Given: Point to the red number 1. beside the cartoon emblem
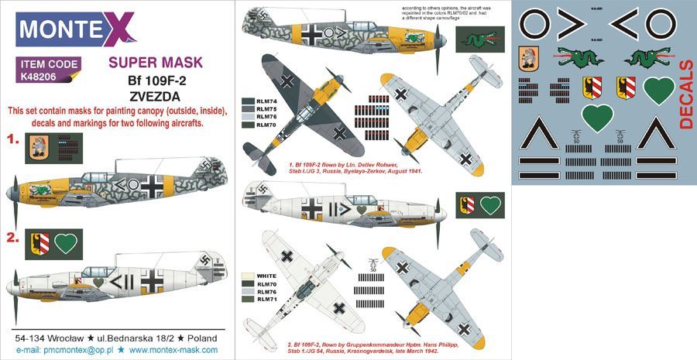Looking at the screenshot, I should (12, 141).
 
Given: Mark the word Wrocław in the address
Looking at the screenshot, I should (74, 338).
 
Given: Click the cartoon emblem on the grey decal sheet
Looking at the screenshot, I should (530, 61).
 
